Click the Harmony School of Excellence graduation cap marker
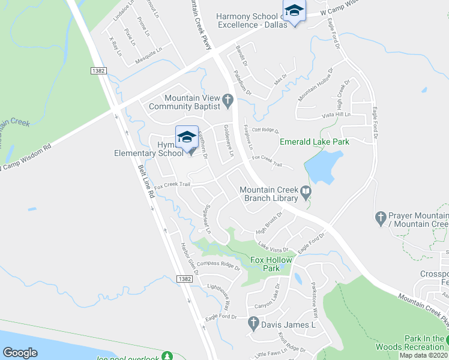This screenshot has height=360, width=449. (294, 12)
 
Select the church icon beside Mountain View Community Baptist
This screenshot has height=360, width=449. (228, 101)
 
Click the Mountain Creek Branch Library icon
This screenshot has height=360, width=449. (306, 193)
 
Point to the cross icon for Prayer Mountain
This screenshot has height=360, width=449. (380, 218)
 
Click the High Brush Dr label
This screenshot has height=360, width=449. (270, 223)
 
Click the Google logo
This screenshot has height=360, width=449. (20, 353)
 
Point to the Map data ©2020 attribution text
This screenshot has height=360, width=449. (424, 355)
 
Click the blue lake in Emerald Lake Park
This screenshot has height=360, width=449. (327, 165)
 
